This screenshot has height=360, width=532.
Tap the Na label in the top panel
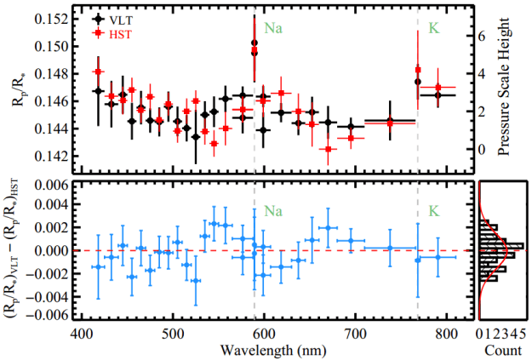pyautogui.click(x=272, y=27)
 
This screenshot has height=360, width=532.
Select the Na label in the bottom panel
pyautogui.click(x=272, y=209)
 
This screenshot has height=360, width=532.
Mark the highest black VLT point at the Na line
pyautogui.click(x=255, y=43)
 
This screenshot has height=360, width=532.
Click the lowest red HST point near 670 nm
pyautogui.click(x=329, y=150)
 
